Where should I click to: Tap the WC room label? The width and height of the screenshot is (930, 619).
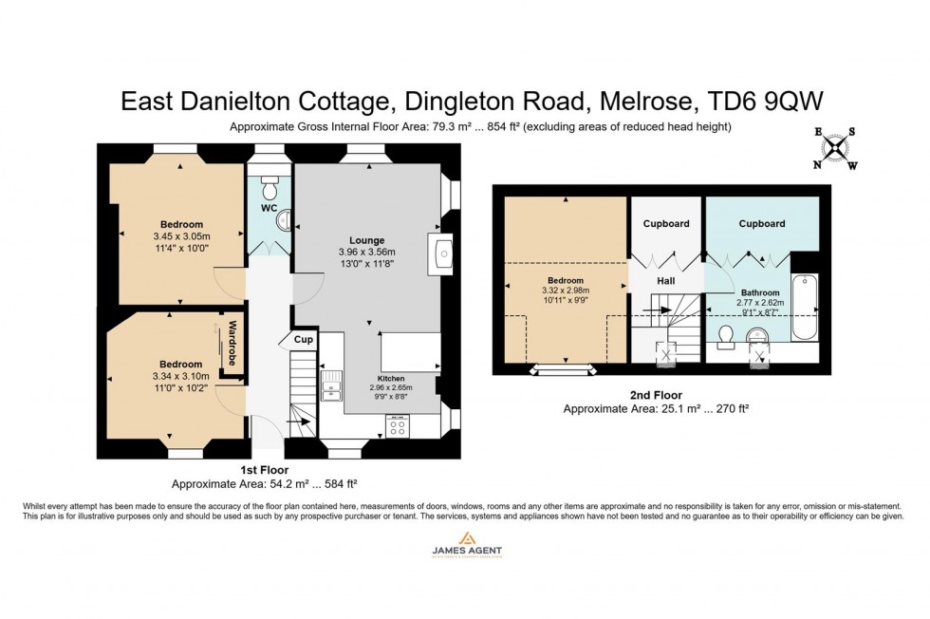269,207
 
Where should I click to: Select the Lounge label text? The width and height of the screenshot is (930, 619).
366,240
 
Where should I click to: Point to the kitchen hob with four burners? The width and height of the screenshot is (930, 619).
397,426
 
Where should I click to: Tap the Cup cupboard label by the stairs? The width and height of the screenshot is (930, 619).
303,340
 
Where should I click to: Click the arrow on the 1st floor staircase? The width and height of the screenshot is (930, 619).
299,422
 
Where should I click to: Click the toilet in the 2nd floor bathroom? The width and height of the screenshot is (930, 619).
726,337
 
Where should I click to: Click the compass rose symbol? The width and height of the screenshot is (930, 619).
834,149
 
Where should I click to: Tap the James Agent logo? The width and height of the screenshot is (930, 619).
465,545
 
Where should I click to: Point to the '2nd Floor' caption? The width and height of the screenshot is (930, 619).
655,395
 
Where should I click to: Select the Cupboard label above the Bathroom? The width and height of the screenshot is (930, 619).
761,224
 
